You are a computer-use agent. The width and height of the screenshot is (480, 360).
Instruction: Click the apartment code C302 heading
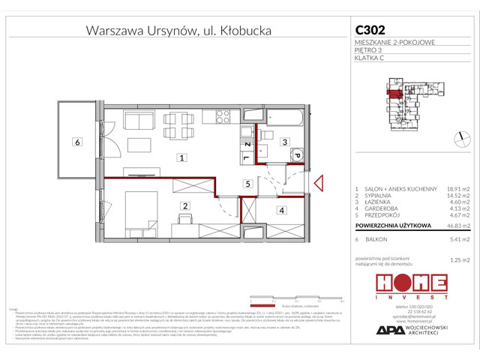(370, 30)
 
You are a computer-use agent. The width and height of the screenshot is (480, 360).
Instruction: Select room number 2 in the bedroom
(183, 205)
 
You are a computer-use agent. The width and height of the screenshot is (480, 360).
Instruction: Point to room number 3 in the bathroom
(284, 141)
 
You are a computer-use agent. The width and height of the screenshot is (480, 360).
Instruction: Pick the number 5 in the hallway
(246, 183)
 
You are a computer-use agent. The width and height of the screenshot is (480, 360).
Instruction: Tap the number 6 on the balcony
(76, 142)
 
